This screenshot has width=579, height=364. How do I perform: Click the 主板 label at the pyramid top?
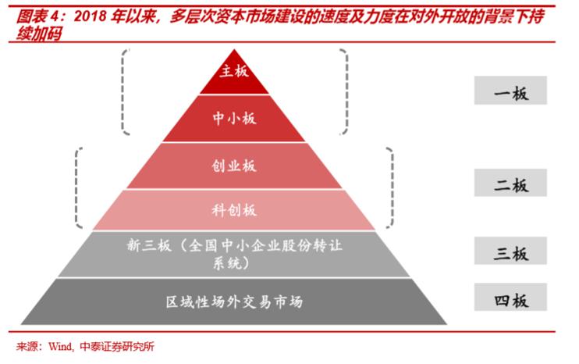(x=234, y=71)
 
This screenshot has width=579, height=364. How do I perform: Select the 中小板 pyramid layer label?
(x=234, y=118)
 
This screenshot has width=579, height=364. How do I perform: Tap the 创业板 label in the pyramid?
(x=234, y=166)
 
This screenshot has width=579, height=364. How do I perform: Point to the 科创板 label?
(x=234, y=210)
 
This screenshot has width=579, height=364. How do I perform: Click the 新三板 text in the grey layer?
(x=149, y=245)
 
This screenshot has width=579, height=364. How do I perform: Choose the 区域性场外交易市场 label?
(x=234, y=302)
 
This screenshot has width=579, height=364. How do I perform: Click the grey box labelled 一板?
(x=510, y=90)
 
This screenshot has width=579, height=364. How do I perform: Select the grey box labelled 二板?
(x=510, y=183)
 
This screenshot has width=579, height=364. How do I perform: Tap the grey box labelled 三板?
(x=510, y=251)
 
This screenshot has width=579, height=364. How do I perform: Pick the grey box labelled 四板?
(x=510, y=297)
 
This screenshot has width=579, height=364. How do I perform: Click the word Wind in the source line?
(x=61, y=347)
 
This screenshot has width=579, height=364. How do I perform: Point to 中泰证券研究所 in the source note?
(x=117, y=347)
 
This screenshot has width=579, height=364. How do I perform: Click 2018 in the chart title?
(x=90, y=16)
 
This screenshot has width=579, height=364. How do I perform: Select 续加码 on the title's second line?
(x=38, y=34)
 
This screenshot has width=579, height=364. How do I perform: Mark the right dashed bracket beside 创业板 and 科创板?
(x=392, y=187)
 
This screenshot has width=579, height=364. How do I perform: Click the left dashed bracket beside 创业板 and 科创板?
(x=76, y=187)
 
